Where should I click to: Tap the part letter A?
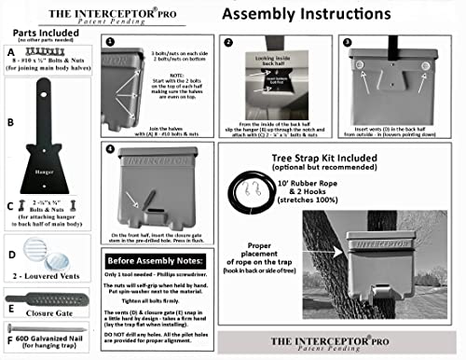10,55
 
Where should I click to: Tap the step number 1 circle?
110,43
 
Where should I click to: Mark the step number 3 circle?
345,43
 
